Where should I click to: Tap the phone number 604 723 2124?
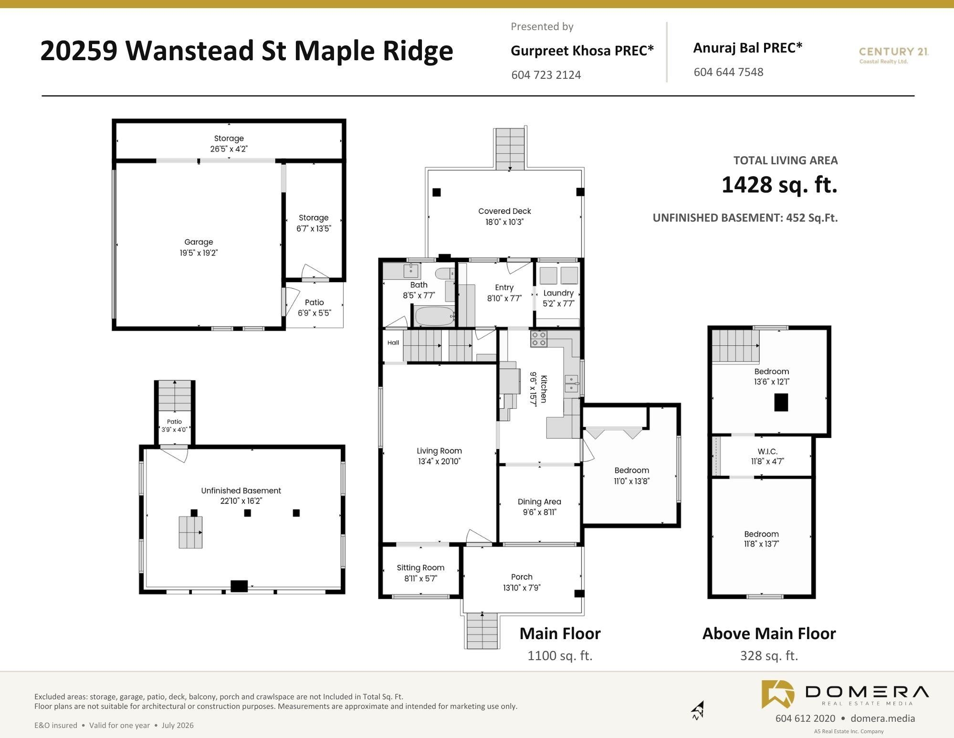click(546, 75)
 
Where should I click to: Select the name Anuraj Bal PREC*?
click(748, 48)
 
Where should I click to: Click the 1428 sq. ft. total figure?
click(779, 184)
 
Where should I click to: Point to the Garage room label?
click(199, 242)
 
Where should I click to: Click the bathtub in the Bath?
click(434, 316)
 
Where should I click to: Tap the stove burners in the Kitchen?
click(539, 339)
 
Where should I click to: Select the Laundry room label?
click(558, 293)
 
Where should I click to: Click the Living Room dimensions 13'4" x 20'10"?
click(439, 461)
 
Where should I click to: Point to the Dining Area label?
click(539, 502)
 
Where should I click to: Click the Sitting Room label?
click(420, 567)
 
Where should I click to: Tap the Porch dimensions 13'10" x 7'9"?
click(522, 588)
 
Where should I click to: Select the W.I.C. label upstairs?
click(767, 451)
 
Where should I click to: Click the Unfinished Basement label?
click(241, 491)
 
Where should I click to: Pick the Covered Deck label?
click(504, 211)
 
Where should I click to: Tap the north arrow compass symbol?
click(698, 710)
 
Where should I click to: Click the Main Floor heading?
click(560, 633)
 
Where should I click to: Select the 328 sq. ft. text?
click(769, 656)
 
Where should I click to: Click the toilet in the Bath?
click(446, 274)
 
